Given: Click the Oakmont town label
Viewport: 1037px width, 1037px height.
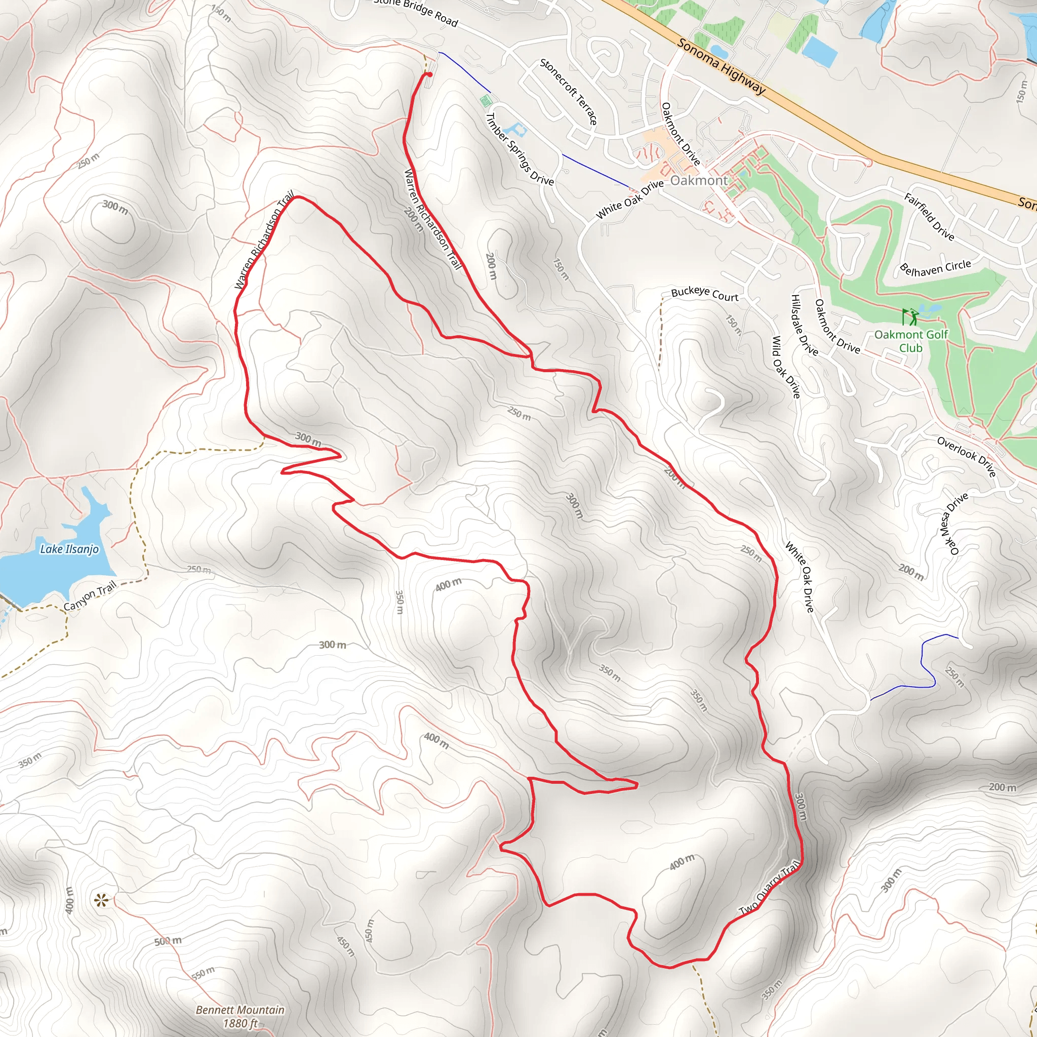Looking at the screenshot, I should pos(698,180).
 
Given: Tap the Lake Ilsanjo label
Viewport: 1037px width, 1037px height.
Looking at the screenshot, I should pos(69,548).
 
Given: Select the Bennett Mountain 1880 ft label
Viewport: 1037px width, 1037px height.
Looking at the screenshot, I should pos(240,1016).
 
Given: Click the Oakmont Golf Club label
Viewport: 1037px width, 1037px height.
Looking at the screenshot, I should pos(911,341).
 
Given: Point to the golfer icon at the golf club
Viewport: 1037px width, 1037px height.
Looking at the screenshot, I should pos(909,316).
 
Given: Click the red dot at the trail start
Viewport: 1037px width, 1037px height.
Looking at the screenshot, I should pos(429,75).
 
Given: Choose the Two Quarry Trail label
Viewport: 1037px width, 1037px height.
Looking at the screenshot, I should pos(770,888).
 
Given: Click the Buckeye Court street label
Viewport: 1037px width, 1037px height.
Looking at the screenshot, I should pos(704,294).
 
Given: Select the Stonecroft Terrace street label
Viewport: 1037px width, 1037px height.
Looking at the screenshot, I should pos(569,92).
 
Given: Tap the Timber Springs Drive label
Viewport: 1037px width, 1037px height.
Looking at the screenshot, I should pos(519,149).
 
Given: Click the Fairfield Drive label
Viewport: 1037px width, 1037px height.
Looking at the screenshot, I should pos(929,217).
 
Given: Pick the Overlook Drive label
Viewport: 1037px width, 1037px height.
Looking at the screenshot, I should pos(967,456).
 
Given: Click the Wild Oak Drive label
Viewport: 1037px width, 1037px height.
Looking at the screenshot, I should pos(786,367).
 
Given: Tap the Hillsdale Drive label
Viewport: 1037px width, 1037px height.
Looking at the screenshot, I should pos(804,325).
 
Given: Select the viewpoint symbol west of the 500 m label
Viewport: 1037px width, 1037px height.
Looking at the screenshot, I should pos(100,900).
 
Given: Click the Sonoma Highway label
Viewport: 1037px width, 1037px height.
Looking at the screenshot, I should pos(721,66).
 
